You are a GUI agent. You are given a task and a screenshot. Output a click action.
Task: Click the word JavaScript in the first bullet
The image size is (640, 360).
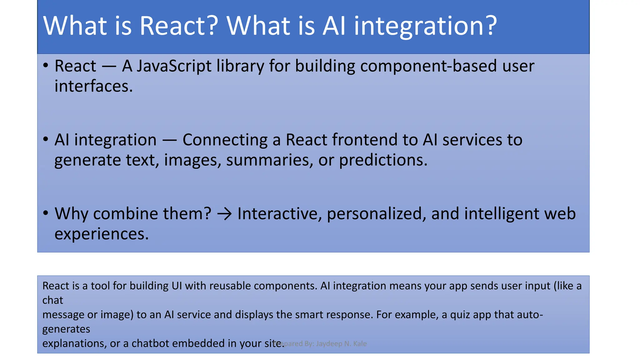click(174, 66)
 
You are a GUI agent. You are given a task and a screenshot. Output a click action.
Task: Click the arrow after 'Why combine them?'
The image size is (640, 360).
click(224, 214)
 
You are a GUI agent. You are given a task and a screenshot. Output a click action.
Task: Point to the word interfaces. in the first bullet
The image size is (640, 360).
click(93, 86)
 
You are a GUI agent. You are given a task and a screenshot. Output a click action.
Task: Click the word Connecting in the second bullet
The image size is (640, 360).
click(225, 140)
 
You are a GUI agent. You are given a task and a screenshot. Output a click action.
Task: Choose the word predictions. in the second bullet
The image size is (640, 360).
click(383, 161)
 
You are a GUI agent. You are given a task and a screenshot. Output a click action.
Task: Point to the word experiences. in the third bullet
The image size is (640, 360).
click(101, 234)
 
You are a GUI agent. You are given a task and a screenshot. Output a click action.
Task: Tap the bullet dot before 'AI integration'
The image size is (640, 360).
click(46, 139)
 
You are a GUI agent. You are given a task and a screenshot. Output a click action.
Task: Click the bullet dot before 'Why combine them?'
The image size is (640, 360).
click(46, 213)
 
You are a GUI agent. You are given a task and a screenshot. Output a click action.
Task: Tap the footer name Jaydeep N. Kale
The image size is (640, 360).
click(341, 344)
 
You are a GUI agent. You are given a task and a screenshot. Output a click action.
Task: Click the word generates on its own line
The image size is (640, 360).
click(66, 329)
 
